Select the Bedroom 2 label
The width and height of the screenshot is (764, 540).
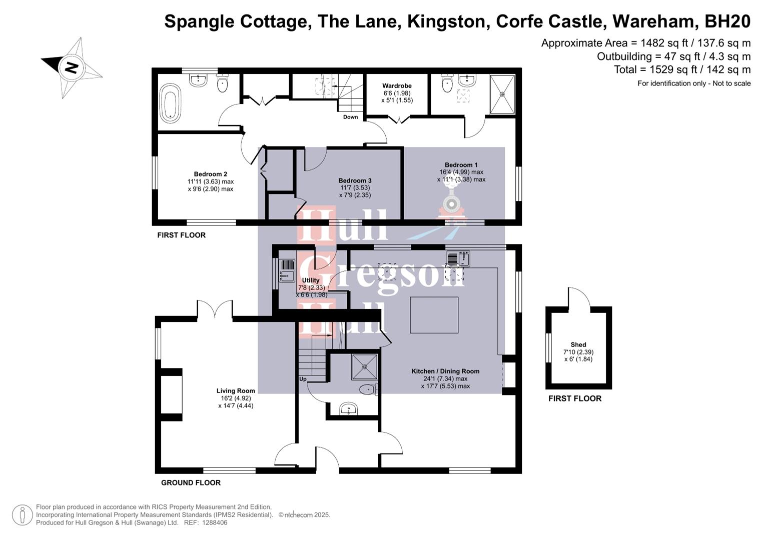[x=211, y=174]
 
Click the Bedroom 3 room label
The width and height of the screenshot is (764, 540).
[x=355, y=180]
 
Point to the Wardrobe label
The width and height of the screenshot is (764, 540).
[x=397, y=86]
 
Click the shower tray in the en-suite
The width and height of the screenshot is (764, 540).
[x=502, y=94]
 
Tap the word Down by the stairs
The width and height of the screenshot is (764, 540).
[x=350, y=117]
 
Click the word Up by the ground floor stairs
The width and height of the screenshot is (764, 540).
[x=303, y=379]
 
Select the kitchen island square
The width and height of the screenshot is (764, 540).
[x=434, y=315]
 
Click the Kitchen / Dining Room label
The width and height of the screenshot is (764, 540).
[x=445, y=371]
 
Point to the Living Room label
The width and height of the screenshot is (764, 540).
[x=236, y=391]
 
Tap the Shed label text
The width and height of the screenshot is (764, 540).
[x=578, y=344]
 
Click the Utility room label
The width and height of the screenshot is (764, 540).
[x=311, y=280]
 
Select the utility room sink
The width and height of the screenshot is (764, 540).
[x=287, y=270]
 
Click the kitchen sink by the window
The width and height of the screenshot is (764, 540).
[x=458, y=258]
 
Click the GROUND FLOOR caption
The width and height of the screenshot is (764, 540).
[x=191, y=482]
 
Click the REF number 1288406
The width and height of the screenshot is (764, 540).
[x=214, y=522]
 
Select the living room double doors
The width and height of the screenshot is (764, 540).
[x=215, y=309]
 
